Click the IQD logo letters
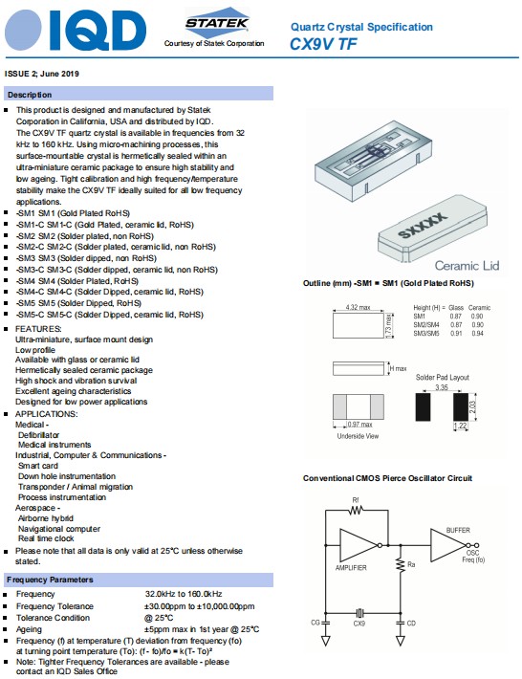coord(98,31)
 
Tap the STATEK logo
coord(217,22)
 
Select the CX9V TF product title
coord(323,44)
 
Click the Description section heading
coord(30,95)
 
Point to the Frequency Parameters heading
coord(50,580)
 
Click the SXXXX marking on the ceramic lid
coord(422,225)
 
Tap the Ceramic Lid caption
coord(467,266)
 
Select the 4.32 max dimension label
coord(358,307)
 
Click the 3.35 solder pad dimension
coord(442,387)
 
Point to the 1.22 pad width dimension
coord(460,426)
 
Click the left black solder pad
coord(423,406)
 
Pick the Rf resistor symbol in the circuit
coord(356,510)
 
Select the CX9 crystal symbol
coord(359,613)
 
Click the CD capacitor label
coord(411,623)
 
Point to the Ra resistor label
coord(411,564)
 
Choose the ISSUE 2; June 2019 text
coord(41,74)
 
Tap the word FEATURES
coord(38,329)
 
